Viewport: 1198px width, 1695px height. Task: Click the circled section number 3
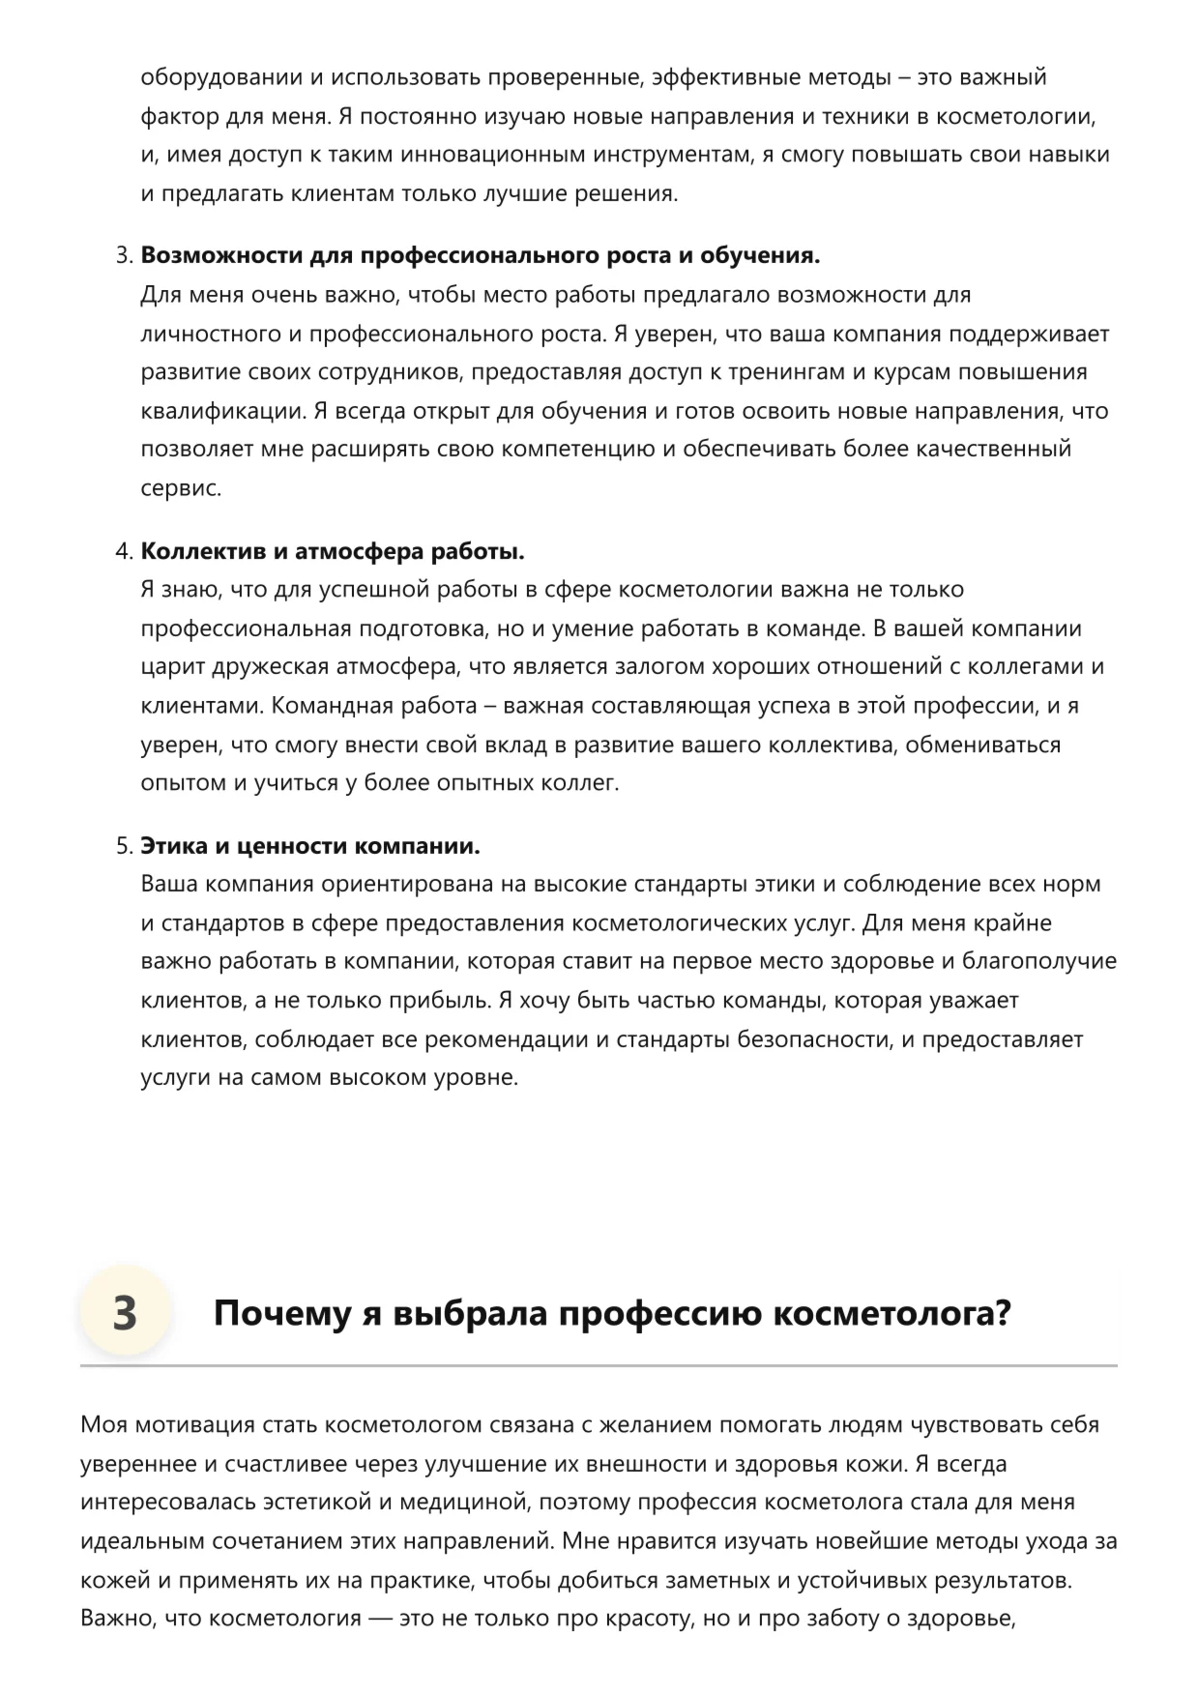125,1313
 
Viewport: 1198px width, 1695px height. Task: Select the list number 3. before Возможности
124,256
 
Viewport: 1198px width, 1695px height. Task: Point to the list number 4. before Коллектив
124,551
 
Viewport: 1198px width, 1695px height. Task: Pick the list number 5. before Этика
124,846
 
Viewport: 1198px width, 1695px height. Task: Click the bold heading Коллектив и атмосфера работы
333,551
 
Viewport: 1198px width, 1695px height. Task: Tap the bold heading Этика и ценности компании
310,846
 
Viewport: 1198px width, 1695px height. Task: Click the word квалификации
221,411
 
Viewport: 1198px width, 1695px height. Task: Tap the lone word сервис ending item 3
180,488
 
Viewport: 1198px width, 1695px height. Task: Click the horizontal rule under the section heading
599,1365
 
